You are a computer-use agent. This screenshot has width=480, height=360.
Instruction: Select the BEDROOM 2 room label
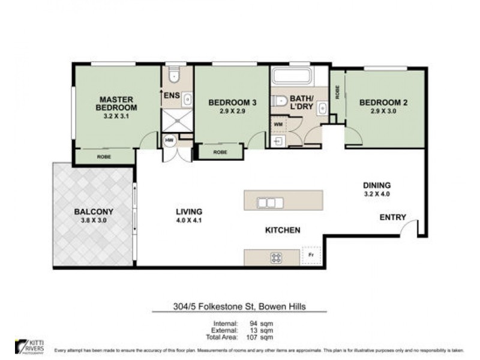tap(383, 103)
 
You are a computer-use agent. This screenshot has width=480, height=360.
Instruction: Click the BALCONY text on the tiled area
tap(94, 212)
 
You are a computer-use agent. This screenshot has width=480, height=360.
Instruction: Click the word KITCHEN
tap(283, 230)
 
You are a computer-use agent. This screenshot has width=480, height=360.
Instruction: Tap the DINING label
tap(376, 185)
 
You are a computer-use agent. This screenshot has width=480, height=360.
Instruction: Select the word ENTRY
tap(392, 217)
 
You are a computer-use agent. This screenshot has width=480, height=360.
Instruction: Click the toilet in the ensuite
tap(174, 75)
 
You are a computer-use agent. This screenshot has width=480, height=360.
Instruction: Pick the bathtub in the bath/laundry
tap(292, 76)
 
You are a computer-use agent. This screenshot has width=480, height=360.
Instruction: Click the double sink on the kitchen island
tap(270, 203)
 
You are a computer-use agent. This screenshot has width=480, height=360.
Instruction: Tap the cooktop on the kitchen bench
tap(276, 258)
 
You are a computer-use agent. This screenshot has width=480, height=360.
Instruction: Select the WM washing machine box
tap(278, 124)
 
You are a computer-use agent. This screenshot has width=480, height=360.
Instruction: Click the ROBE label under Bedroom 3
tap(220, 152)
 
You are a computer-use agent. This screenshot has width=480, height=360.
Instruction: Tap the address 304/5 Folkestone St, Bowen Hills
tap(238, 307)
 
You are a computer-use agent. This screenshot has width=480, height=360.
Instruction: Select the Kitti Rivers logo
tap(28, 346)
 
